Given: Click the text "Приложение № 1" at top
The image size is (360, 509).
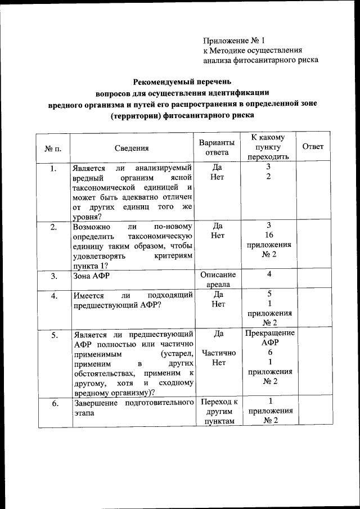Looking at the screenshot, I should (x=233, y=40).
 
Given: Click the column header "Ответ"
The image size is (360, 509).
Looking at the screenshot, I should (x=313, y=147).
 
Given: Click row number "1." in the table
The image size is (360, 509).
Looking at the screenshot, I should (x=53, y=168).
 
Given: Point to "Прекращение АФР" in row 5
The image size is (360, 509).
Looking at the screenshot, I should (x=270, y=338).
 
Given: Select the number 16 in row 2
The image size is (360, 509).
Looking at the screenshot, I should (x=269, y=236).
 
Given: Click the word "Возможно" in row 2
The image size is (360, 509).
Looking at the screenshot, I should (x=92, y=226).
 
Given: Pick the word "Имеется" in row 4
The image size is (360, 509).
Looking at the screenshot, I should (x=89, y=295).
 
